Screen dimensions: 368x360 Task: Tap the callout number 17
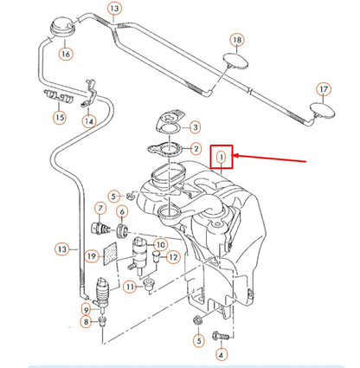coord(324,89)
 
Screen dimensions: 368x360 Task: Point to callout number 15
coord(60,117)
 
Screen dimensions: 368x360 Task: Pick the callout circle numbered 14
coord(90,122)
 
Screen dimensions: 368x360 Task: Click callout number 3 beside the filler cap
coord(196,126)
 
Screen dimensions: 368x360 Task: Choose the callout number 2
coord(196,149)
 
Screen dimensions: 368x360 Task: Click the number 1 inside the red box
coord(222,157)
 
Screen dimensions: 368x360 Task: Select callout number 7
coord(100,209)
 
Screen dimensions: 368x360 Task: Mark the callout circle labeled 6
coord(121,213)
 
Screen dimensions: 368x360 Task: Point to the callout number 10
coord(158,245)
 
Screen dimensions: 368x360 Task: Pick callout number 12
coord(172,256)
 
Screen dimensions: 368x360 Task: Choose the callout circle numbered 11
coord(132,287)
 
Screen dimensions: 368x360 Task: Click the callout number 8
coord(86,322)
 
